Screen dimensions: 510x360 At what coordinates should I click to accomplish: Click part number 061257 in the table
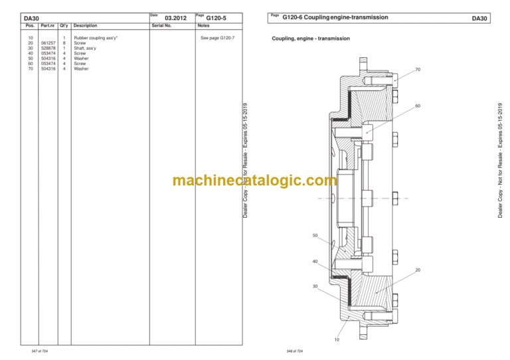(48, 43)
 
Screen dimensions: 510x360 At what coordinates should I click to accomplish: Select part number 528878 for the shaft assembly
(48, 48)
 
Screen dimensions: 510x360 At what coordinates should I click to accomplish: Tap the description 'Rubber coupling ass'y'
(96, 38)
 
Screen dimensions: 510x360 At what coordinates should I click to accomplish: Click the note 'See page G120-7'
(217, 38)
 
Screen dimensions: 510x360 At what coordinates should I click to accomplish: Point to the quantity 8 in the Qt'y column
(64, 43)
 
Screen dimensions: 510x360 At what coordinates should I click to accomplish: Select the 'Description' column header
(85, 25)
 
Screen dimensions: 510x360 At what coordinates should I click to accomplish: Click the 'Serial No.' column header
(161, 25)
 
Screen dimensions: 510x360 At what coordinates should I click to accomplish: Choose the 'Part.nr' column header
(48, 25)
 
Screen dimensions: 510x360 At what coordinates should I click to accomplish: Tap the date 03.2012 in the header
(175, 18)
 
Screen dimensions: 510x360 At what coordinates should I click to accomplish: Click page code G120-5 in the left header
(216, 18)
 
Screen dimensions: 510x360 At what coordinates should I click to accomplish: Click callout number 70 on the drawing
(418, 70)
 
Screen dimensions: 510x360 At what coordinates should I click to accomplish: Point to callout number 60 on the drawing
(418, 106)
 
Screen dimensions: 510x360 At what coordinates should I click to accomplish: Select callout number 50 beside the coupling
(315, 235)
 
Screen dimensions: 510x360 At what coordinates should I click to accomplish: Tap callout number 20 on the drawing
(418, 270)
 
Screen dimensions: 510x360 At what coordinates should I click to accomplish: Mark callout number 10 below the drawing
(337, 339)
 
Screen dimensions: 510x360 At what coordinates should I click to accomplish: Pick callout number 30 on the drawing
(315, 286)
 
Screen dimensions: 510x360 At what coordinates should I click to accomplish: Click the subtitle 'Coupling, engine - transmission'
(311, 39)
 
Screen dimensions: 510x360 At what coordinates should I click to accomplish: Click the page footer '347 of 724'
(40, 351)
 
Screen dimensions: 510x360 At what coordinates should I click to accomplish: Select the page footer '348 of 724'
(295, 351)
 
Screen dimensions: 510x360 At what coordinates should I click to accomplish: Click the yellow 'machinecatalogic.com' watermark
(255, 180)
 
